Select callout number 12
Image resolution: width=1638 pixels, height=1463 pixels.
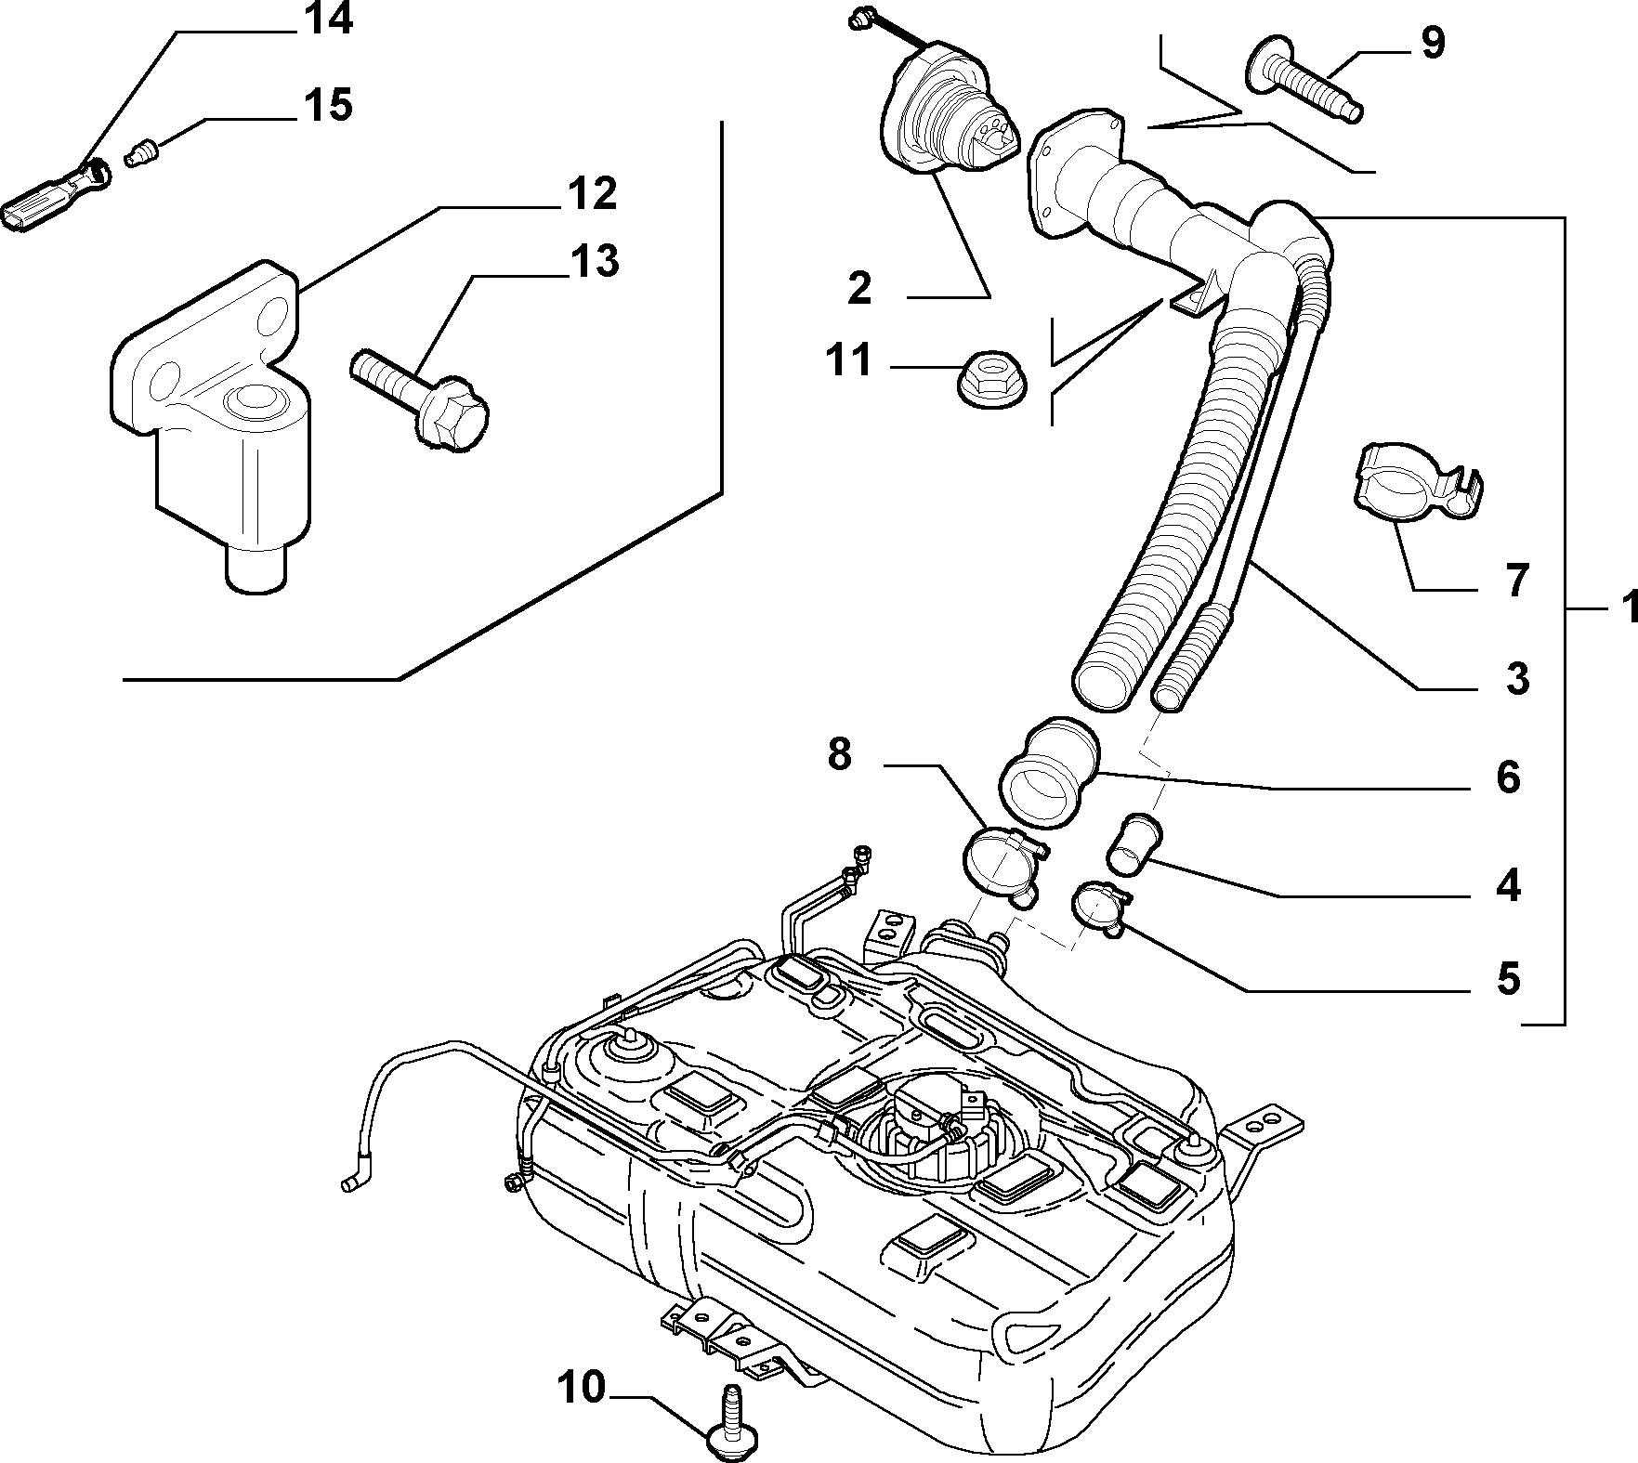589,195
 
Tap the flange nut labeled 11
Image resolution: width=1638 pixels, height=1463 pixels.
991,379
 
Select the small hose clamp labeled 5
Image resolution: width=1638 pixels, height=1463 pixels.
1101,907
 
